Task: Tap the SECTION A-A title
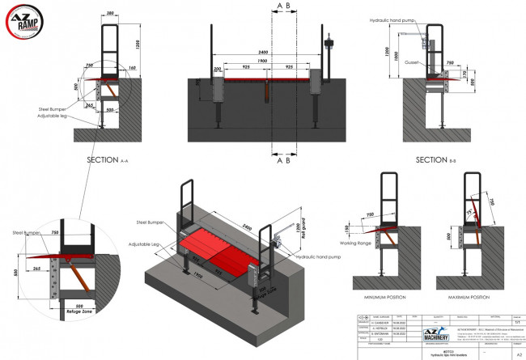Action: [111, 160]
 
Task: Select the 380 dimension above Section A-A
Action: [108, 14]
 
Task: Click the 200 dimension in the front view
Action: [217, 70]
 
